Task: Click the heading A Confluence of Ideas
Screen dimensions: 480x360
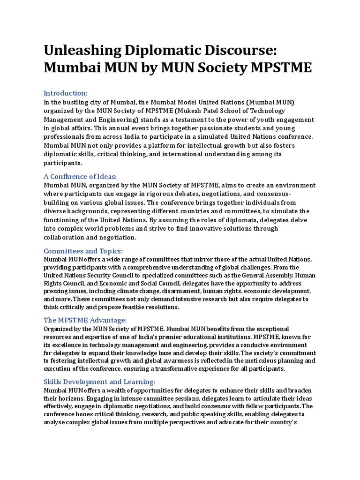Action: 80,176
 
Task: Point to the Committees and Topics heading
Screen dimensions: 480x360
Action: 83,250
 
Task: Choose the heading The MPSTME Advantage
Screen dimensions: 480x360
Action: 85,320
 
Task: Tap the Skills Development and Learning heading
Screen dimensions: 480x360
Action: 99,382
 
